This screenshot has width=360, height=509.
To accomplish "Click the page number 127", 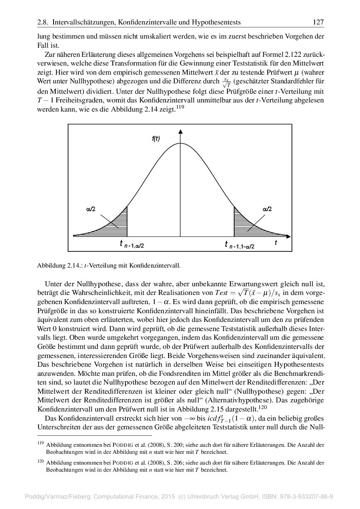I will coord(318,22).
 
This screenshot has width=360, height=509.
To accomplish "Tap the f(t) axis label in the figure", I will coord(156,139).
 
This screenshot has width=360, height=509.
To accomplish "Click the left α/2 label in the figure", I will coord(91,209).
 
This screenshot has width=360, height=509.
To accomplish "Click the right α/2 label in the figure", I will coord(267,209).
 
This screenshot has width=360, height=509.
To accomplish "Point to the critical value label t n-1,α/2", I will coord(132,245).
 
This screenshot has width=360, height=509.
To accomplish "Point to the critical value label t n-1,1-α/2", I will coord(240,245).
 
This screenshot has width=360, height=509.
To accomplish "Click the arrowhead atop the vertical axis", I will coord(180,132).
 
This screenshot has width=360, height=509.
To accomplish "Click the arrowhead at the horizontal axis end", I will coord(289,236).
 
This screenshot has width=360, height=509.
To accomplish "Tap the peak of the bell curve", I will coord(180,143).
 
